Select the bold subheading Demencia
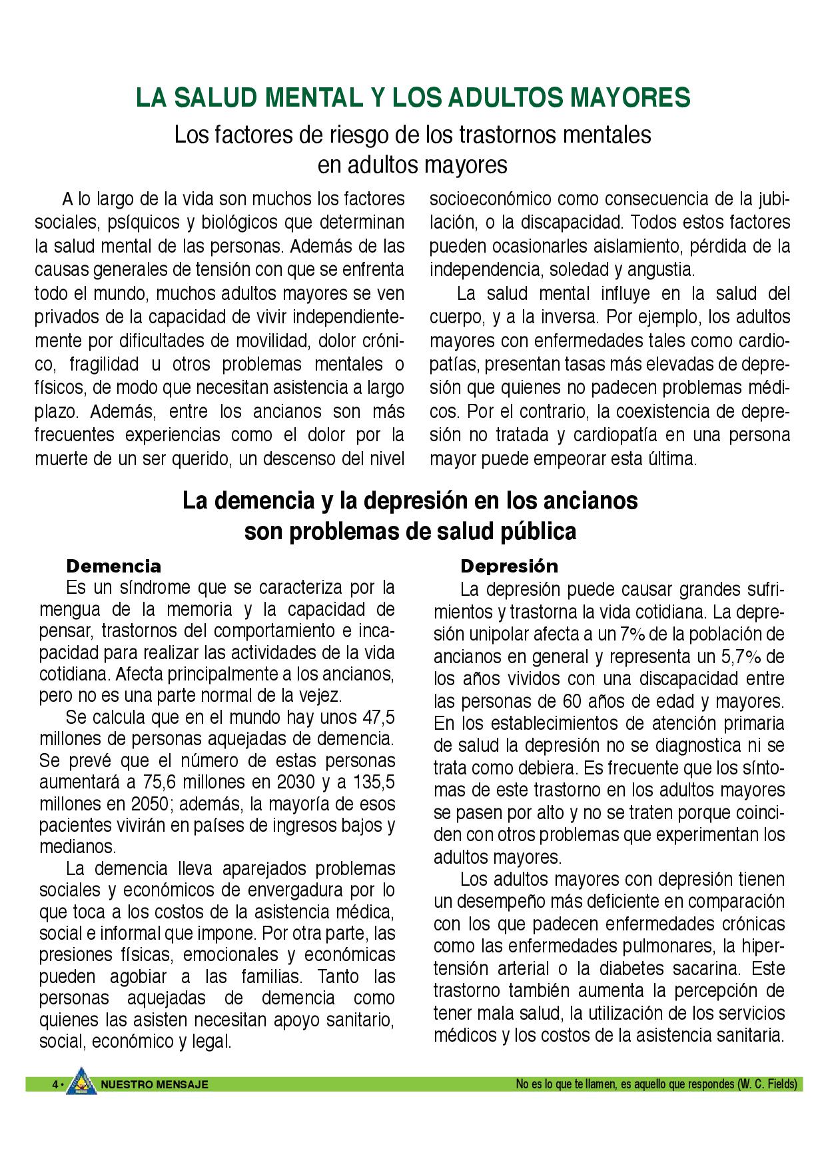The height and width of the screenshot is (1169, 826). [113, 567]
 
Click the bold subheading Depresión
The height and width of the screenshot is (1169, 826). [509, 567]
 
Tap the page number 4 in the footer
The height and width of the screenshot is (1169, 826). [55, 1085]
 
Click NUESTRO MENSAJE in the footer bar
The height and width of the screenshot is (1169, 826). [154, 1085]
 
